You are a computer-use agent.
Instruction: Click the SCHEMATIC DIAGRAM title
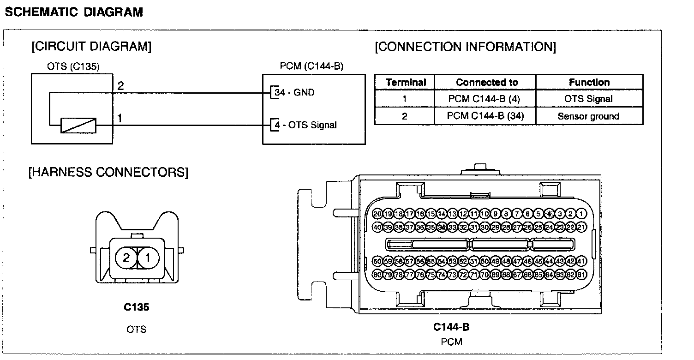tap(74, 12)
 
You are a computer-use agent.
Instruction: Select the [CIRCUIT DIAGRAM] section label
tap(91, 47)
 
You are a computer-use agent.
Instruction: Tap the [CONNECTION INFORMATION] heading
tap(465, 47)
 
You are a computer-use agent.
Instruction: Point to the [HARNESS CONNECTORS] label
tap(108, 173)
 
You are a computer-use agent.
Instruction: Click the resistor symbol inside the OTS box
tap(79, 125)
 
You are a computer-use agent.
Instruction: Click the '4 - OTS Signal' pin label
tap(305, 125)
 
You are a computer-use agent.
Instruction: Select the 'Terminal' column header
tap(405, 83)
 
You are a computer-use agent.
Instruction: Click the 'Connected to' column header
tap(486, 83)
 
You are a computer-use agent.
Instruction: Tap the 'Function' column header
tap(589, 83)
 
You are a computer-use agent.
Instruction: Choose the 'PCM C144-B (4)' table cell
tap(485, 99)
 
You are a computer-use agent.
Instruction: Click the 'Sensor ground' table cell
tap(588, 116)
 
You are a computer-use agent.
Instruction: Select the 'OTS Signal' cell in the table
tap(588, 99)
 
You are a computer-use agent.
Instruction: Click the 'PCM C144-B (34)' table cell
tap(485, 116)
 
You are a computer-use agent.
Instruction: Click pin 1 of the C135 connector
tap(148, 258)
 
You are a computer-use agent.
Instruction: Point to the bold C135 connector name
tap(137, 307)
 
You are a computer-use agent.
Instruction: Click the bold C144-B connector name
tap(451, 328)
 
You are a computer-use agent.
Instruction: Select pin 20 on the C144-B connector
tap(377, 214)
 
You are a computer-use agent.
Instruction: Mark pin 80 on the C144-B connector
tap(377, 275)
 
